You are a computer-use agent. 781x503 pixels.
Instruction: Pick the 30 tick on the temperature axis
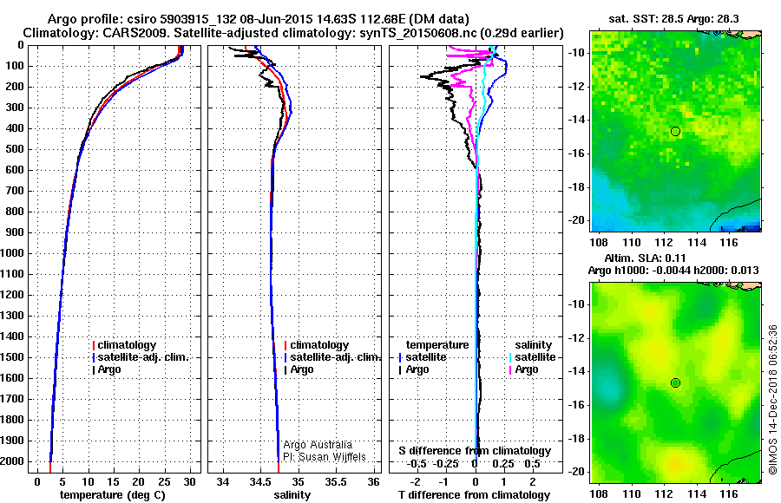click(x=190, y=480)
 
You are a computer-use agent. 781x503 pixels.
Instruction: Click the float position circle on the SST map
click(x=675, y=131)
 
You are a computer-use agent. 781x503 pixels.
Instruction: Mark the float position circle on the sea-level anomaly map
click(x=675, y=382)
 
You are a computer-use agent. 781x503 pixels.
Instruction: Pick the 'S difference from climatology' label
click(x=475, y=451)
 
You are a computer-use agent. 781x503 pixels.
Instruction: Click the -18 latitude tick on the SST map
click(x=576, y=186)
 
